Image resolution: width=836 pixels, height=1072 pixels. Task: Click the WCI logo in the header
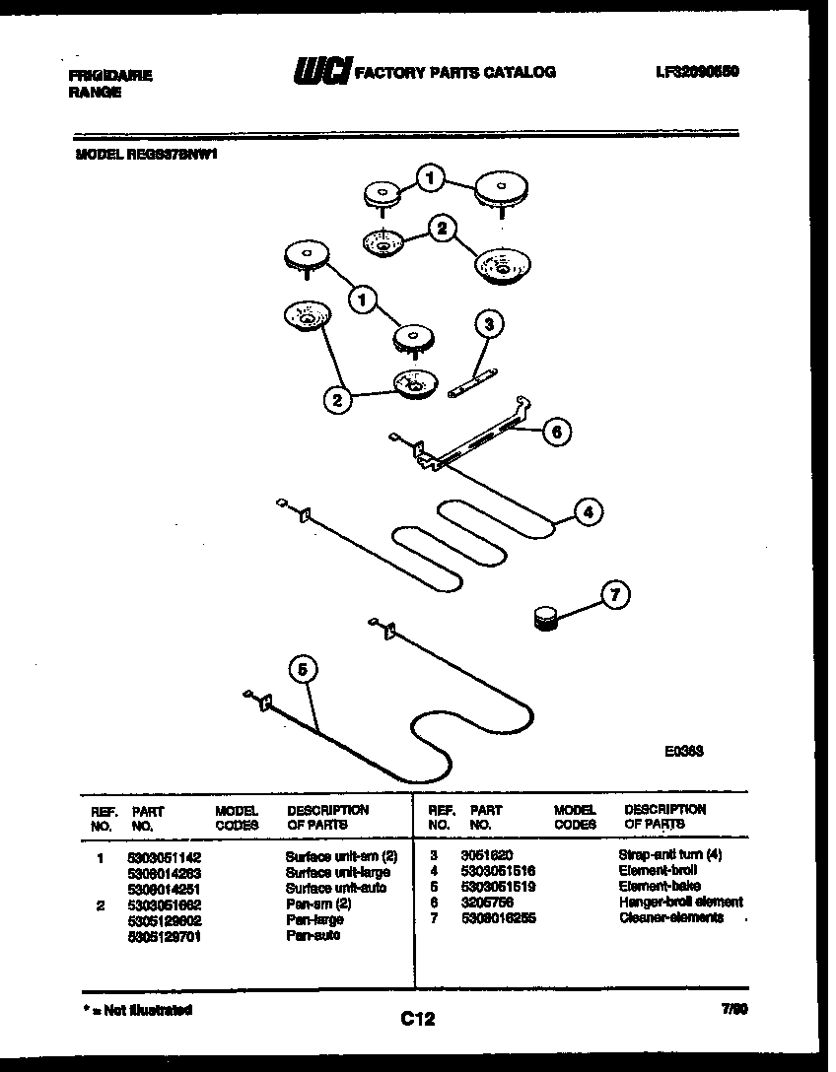click(x=322, y=72)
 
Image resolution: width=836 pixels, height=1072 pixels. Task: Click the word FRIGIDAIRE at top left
click(x=110, y=75)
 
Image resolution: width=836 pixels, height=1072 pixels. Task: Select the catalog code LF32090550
click(x=696, y=72)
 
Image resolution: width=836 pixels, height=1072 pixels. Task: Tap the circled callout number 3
click(x=488, y=323)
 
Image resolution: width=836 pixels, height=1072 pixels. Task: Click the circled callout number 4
click(x=588, y=512)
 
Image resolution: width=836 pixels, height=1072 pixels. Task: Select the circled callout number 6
click(x=556, y=432)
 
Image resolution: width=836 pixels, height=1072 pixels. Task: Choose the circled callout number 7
click(x=615, y=595)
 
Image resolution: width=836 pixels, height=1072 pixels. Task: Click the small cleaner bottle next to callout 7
click(x=543, y=618)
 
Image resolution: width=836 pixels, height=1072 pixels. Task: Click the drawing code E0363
click(x=683, y=749)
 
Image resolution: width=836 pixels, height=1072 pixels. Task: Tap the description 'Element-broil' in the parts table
click(x=658, y=871)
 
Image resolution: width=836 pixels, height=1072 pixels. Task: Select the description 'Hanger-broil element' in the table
click(x=680, y=902)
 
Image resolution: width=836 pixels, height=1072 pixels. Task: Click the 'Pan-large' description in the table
click(x=314, y=919)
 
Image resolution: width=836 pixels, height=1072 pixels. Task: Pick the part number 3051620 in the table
click(x=486, y=855)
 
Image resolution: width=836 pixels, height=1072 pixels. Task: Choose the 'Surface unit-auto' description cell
click(x=335, y=887)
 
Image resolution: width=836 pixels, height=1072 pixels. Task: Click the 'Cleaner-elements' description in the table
click(x=671, y=917)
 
